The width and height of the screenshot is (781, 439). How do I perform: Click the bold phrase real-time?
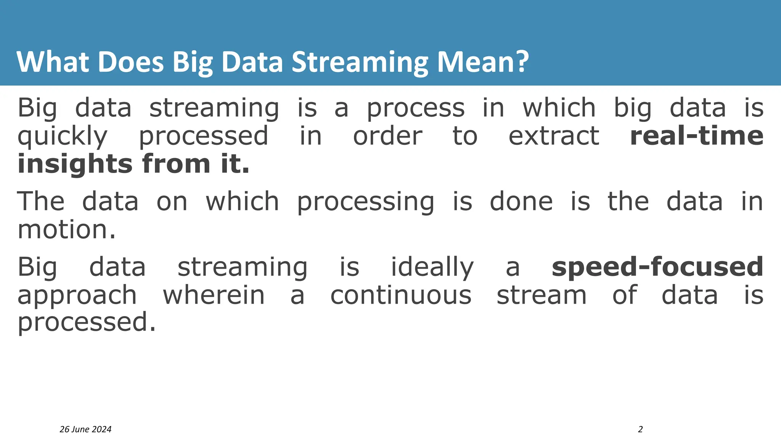point(696,136)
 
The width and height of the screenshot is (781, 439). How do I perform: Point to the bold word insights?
point(74,164)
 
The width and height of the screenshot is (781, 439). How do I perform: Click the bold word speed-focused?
point(657,267)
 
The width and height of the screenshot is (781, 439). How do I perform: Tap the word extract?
point(553,136)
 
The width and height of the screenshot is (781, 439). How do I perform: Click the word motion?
point(66,230)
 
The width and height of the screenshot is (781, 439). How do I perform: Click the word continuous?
point(400,295)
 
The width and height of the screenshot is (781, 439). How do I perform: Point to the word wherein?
point(214,295)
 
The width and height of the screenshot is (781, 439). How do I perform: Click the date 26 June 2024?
point(85,429)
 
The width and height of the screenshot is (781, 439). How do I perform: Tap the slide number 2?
point(640,429)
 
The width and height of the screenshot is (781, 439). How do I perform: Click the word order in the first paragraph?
point(387,136)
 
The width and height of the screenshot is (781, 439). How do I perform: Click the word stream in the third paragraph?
point(541,295)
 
